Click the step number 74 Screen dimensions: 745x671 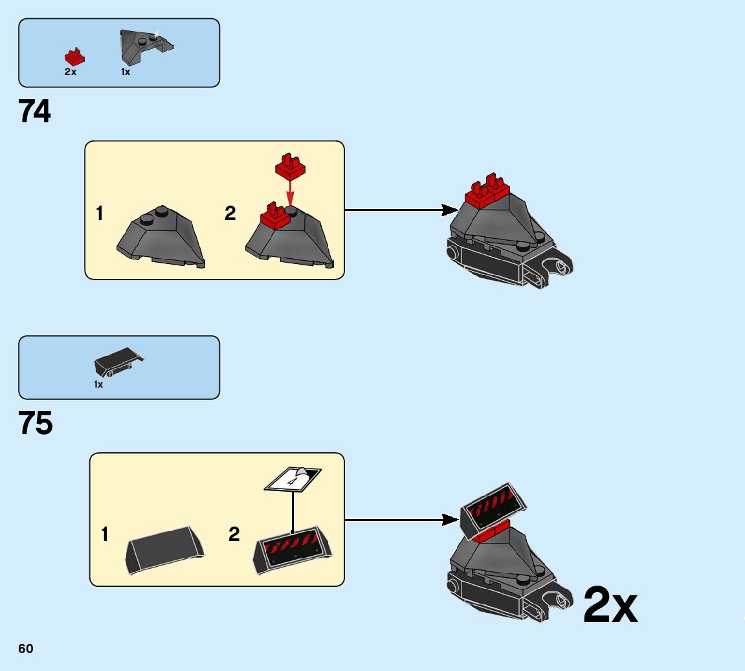[x=35, y=112]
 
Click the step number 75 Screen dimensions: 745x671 [x=36, y=424]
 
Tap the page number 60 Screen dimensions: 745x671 [x=26, y=649]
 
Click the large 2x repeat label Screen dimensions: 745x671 [x=610, y=606]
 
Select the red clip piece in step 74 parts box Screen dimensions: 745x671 [x=75, y=57]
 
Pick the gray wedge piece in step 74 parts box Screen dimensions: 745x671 [x=145, y=46]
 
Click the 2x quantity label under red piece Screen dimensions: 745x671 [x=71, y=72]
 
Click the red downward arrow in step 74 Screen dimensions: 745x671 [x=290, y=194]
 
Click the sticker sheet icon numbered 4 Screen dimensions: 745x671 [x=293, y=479]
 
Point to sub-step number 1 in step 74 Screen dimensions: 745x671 [x=100, y=214]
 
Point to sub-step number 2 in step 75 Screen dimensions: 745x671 [x=234, y=534]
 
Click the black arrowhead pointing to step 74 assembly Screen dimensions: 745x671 [x=449, y=210]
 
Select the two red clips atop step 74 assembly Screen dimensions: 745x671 [x=487, y=190]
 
